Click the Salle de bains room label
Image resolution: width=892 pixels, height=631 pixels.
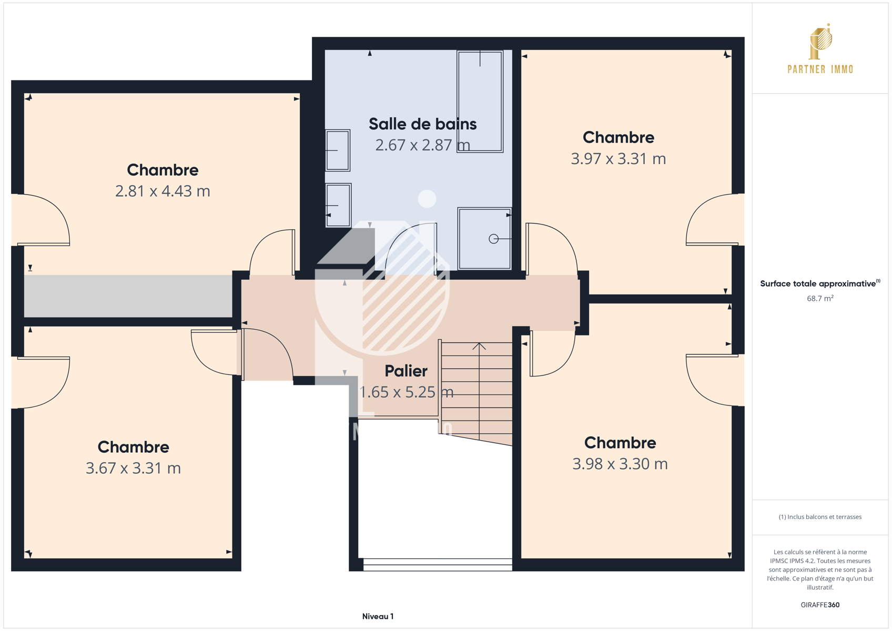click(x=422, y=124)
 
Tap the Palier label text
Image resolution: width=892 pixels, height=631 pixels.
click(x=406, y=371)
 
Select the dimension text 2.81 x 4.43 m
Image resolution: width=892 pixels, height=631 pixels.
click(x=163, y=191)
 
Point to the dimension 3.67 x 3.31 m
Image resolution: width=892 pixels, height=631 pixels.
click(x=134, y=468)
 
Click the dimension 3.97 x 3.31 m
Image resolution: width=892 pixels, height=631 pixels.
click(x=619, y=159)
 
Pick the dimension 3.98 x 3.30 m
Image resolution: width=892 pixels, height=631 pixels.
click(x=620, y=464)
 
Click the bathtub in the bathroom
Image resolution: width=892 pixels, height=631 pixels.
click(x=480, y=101)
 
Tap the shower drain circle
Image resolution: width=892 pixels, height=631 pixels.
click(x=494, y=239)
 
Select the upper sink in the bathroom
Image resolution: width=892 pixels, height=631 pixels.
click(x=338, y=150)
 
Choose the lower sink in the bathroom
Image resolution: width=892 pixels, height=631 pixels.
click(x=338, y=205)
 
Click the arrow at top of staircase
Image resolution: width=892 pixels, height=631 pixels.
click(x=479, y=347)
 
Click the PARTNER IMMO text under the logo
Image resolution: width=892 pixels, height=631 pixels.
click(x=820, y=69)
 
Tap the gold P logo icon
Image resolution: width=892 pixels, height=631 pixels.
click(x=820, y=42)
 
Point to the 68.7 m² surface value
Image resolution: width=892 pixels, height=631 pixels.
click(x=820, y=298)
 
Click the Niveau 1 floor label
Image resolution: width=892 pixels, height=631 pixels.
click(x=378, y=616)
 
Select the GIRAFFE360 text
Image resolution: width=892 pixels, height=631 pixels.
click(x=820, y=605)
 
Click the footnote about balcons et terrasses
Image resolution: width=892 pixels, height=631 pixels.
click(x=820, y=517)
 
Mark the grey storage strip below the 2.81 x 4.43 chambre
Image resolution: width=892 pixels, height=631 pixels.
click(x=128, y=296)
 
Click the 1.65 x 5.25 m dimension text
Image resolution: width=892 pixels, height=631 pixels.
click(x=406, y=392)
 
